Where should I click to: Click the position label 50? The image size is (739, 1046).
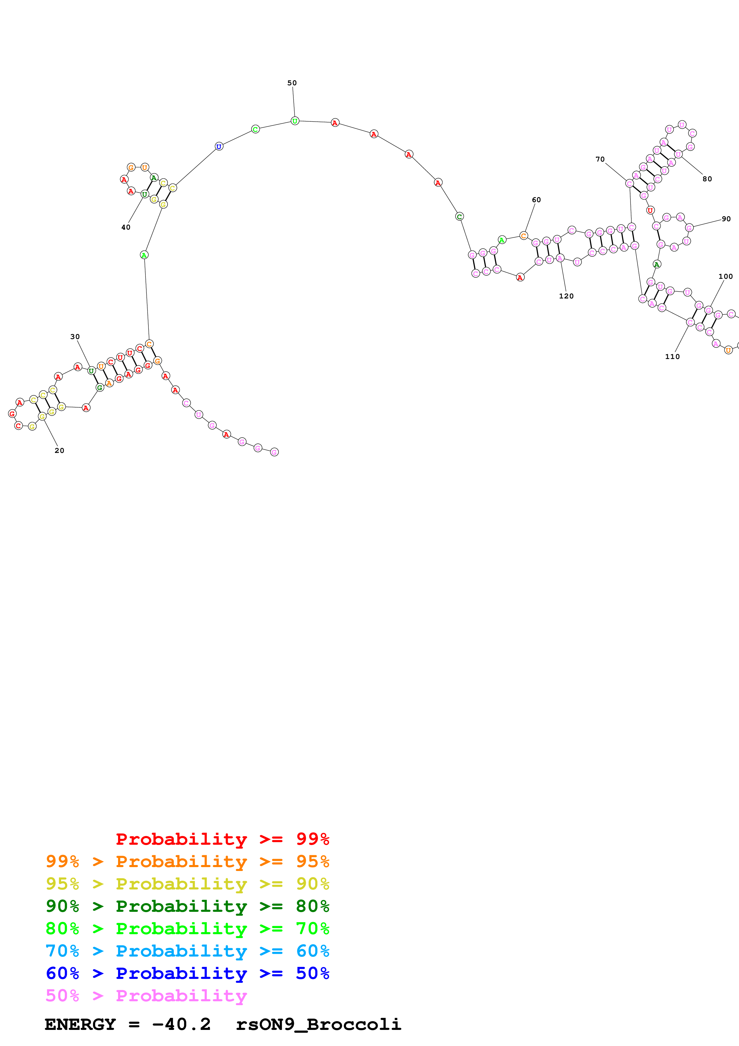pos(292,83)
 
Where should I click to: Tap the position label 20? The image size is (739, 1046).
pos(59,451)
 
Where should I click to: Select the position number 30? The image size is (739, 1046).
pos(75,337)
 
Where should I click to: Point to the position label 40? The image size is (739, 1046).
pos(126,227)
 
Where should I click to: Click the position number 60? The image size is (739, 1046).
pos(536,200)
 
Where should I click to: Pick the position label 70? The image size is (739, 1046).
pos(600,160)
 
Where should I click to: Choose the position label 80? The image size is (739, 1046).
pos(707,179)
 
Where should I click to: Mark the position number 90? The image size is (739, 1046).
pos(726,219)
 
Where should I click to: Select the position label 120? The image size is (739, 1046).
pos(566,296)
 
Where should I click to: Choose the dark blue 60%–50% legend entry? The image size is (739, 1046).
pos(187,973)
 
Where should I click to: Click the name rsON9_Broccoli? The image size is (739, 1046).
pos(318,1025)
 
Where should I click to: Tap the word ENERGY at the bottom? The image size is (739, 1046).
pos(80,1025)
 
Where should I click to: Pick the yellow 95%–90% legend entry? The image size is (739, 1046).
pos(187,884)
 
